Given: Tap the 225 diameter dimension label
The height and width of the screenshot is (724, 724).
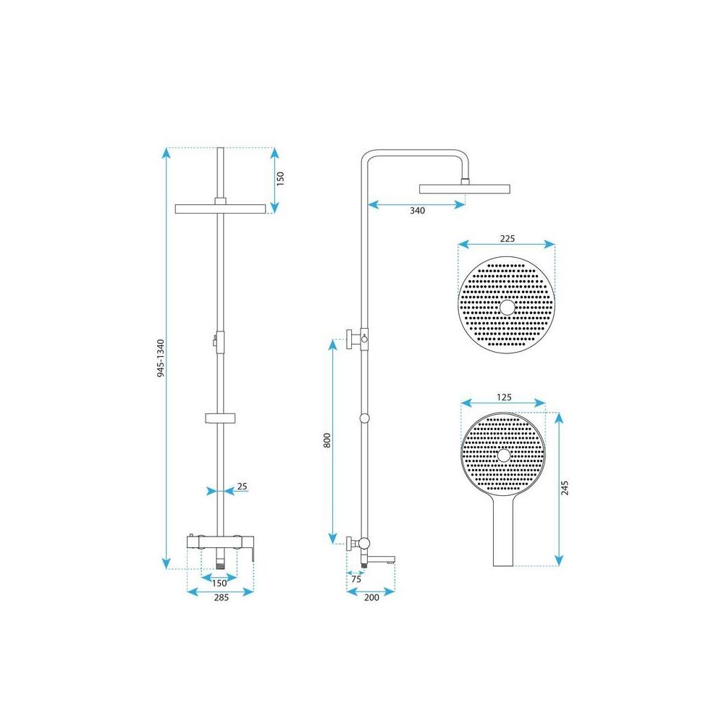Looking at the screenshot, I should click(x=507, y=238).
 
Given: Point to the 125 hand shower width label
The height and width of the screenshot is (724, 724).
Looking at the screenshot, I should click(x=505, y=397).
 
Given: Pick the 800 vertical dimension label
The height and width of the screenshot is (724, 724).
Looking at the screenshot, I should click(x=327, y=441).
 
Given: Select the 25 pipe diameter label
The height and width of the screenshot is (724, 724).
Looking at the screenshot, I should click(x=243, y=487).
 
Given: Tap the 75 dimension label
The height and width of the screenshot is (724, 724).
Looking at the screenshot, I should click(x=355, y=579).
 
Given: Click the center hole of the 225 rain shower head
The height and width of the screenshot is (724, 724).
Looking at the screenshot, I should click(x=507, y=308).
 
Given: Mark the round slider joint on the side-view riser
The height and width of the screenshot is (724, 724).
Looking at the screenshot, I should click(x=364, y=418).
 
